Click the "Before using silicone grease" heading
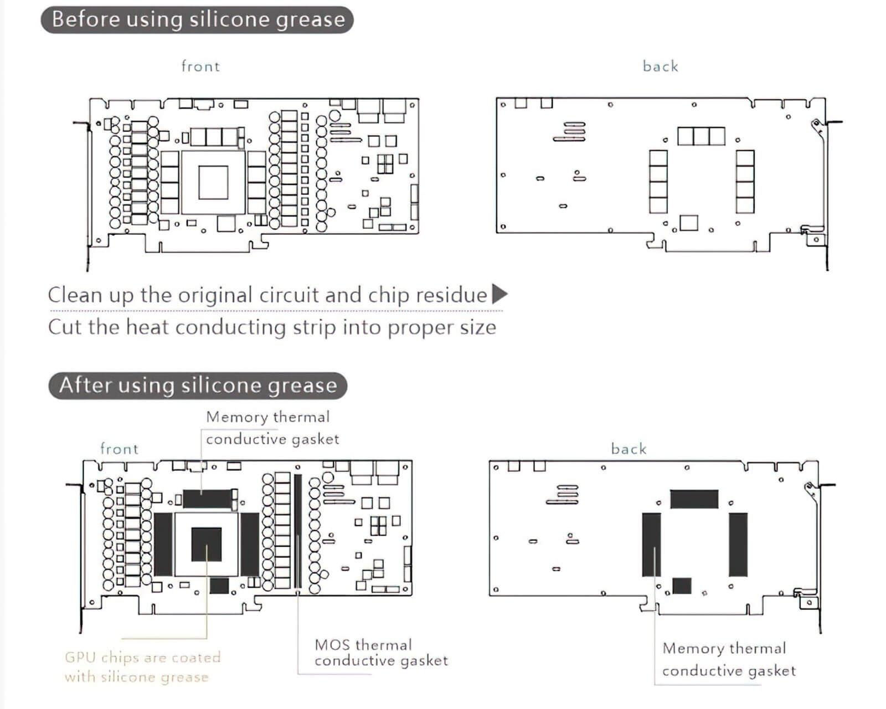coord(198,20)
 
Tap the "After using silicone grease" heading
coord(198,386)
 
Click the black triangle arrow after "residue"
coord(499,294)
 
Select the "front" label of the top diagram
coord(200,66)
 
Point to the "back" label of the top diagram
coord(660,66)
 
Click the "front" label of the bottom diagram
coord(119,449)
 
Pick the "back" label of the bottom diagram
coord(629,449)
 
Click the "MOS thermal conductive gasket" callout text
coord(381,653)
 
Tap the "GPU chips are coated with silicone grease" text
coord(142,667)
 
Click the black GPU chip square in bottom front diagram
coord(207,544)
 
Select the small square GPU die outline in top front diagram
coord(213,182)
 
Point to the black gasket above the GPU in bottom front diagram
coord(206,499)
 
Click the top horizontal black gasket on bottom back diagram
coord(694,499)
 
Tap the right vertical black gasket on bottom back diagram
coord(738,544)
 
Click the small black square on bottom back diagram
coord(682,585)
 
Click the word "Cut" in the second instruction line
coord(65,327)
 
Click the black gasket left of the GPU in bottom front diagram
coord(163,544)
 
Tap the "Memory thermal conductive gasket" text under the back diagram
coord(729,659)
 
